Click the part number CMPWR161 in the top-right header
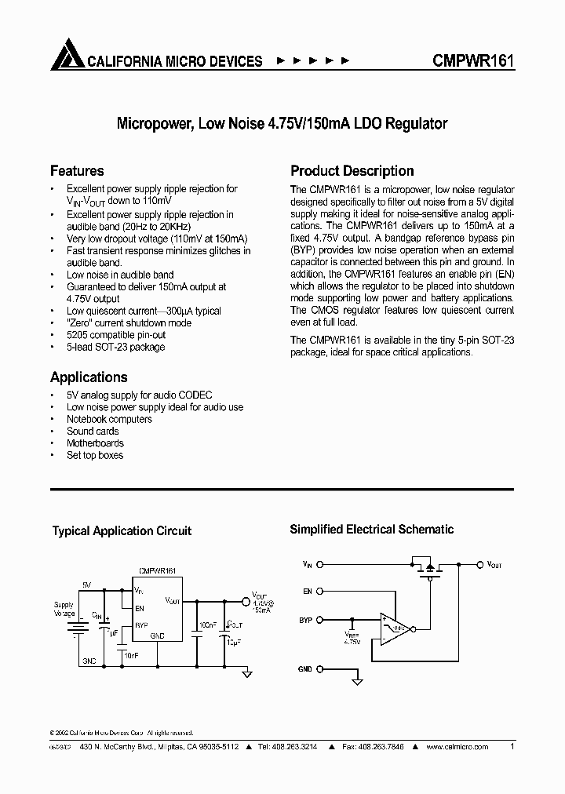tap(472, 60)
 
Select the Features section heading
tap(77, 171)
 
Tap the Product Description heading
tap(352, 171)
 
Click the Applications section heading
tap(89, 377)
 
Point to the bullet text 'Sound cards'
tap(93, 431)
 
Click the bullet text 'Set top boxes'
tap(95, 455)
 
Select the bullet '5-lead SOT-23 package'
tap(115, 347)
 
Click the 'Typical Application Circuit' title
tap(122, 531)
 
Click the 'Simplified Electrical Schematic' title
tap(372, 530)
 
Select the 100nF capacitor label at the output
tap(208, 625)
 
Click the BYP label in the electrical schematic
tap(305, 620)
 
